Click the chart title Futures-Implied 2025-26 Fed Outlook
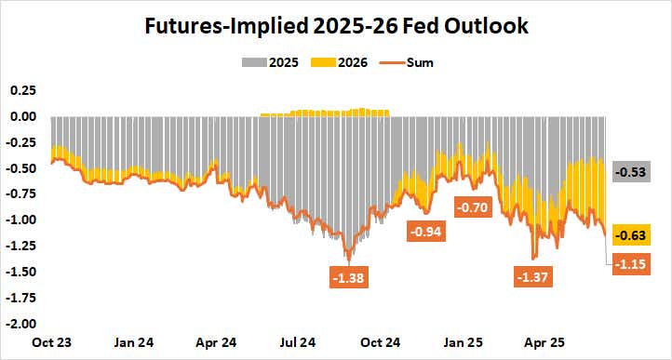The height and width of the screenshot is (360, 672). [336, 26]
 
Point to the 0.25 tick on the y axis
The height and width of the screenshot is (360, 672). [22, 90]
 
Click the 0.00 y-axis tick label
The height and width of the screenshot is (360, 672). [22, 116]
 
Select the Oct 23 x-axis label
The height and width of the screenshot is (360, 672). [50, 341]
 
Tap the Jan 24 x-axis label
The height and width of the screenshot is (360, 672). [134, 341]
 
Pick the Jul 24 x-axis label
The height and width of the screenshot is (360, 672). [299, 341]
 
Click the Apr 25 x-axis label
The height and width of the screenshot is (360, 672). [546, 341]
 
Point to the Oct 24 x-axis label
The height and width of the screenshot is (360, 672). [382, 341]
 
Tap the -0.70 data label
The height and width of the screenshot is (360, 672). [474, 207]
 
